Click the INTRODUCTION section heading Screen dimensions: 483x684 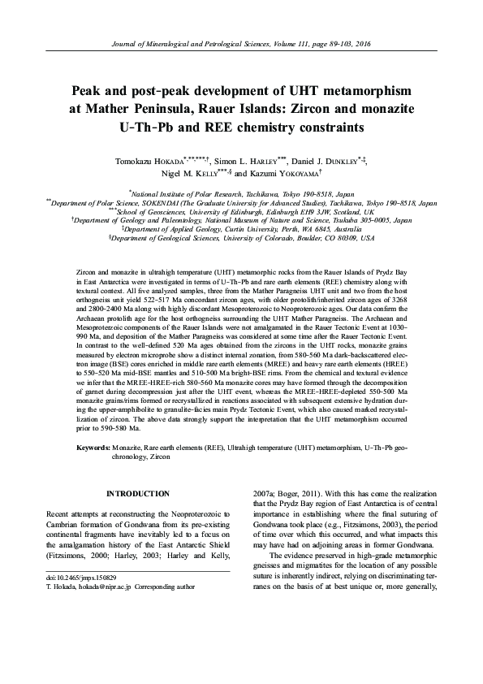138,493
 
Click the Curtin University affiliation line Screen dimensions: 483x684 241,229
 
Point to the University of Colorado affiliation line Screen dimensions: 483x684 241,239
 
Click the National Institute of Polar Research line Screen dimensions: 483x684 241,195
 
